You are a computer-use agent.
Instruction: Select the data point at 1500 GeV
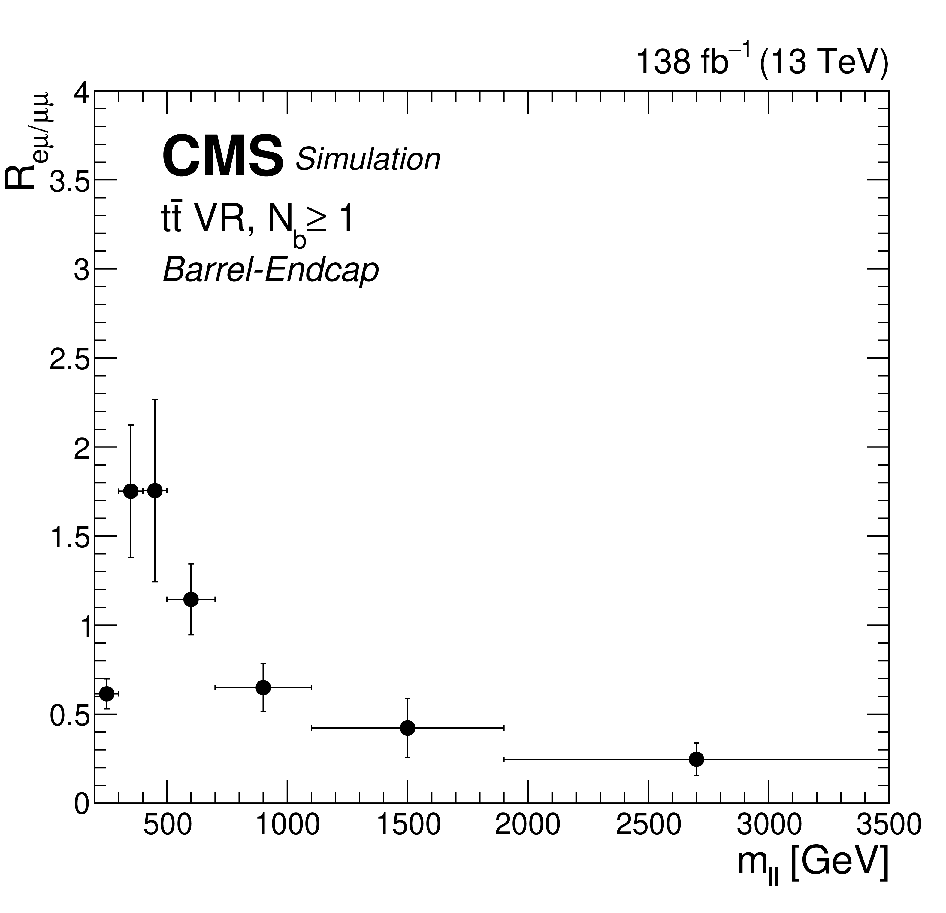click(x=407, y=728)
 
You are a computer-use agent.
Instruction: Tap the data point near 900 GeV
click(x=263, y=687)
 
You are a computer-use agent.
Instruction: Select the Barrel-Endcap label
click(x=271, y=270)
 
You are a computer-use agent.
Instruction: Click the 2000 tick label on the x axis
click(x=527, y=824)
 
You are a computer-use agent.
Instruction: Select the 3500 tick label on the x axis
click(x=889, y=824)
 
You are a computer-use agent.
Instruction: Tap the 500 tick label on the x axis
click(x=167, y=824)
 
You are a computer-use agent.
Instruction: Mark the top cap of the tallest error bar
click(x=155, y=400)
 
